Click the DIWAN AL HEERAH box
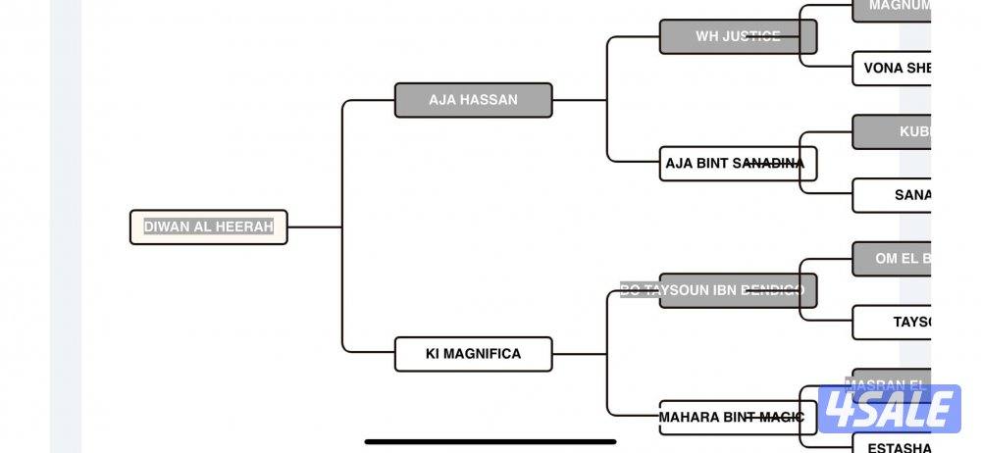click(x=208, y=226)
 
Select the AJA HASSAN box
click(x=473, y=100)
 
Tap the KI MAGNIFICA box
click(x=473, y=354)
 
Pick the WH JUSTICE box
click(x=738, y=36)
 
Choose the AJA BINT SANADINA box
click(x=738, y=164)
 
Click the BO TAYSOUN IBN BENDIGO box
click(x=738, y=290)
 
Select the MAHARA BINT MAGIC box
click(x=738, y=418)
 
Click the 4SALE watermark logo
click(x=889, y=408)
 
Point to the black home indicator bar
click(x=490, y=441)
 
